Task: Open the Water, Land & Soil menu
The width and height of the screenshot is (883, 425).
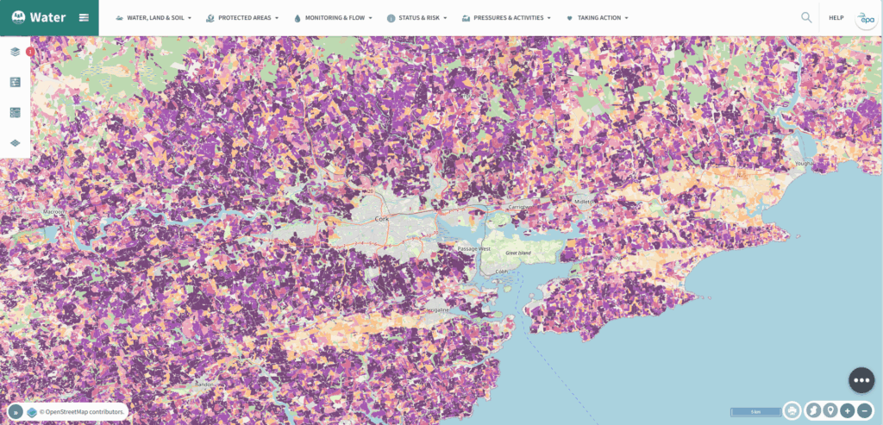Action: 154,17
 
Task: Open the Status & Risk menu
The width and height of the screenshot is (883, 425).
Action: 418,17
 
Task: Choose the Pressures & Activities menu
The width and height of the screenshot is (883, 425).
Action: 506,17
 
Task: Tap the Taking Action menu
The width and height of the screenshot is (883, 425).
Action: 598,17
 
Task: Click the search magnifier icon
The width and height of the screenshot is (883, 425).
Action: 806,17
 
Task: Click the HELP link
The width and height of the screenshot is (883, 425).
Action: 836,17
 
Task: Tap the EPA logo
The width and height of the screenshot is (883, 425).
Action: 865,19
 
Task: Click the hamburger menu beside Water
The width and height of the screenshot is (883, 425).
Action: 84,17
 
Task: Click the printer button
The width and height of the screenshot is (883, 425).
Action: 792,411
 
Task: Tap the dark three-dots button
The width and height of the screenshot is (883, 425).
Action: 861,379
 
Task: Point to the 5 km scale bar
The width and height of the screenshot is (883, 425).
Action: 755,412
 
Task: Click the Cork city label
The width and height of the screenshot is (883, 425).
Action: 383,220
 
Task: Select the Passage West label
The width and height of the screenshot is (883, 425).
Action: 473,248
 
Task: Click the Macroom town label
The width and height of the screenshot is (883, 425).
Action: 54,211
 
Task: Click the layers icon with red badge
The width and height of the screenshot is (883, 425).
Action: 16,52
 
